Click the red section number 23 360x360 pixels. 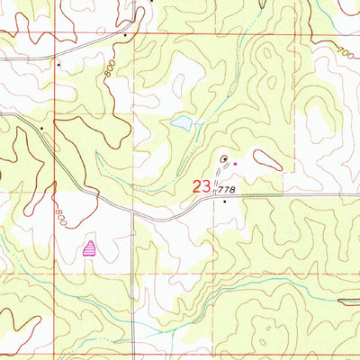tap(202, 188)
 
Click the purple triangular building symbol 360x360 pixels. tap(89, 249)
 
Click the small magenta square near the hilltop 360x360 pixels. tap(236, 164)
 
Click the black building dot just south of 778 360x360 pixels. tap(225, 202)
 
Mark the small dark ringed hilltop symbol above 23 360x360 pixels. tap(223, 160)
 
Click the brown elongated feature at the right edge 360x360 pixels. tap(347, 302)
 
